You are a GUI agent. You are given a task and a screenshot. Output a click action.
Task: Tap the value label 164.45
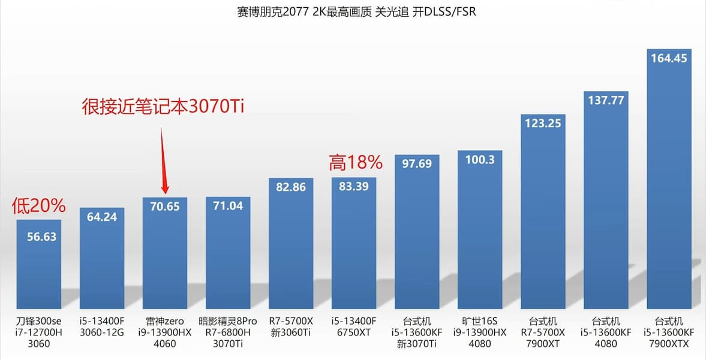click(669, 58)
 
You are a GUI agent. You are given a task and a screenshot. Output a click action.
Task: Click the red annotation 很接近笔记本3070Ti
click(164, 107)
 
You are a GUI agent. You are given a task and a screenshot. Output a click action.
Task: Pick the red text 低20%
click(38, 206)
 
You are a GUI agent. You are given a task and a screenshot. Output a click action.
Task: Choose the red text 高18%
click(355, 162)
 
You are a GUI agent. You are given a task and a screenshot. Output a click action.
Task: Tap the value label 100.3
click(479, 160)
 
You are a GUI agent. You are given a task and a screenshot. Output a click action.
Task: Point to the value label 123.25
click(543, 123)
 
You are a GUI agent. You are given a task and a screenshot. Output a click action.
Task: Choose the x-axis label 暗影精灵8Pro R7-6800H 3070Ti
click(228, 332)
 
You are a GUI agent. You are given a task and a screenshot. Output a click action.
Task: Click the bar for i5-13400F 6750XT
click(354, 252)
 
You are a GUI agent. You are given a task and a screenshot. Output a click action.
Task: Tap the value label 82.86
click(291, 187)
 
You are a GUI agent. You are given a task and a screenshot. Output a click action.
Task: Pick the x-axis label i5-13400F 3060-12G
click(101, 327)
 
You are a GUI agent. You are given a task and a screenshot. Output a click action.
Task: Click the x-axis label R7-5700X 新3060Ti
click(291, 327)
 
